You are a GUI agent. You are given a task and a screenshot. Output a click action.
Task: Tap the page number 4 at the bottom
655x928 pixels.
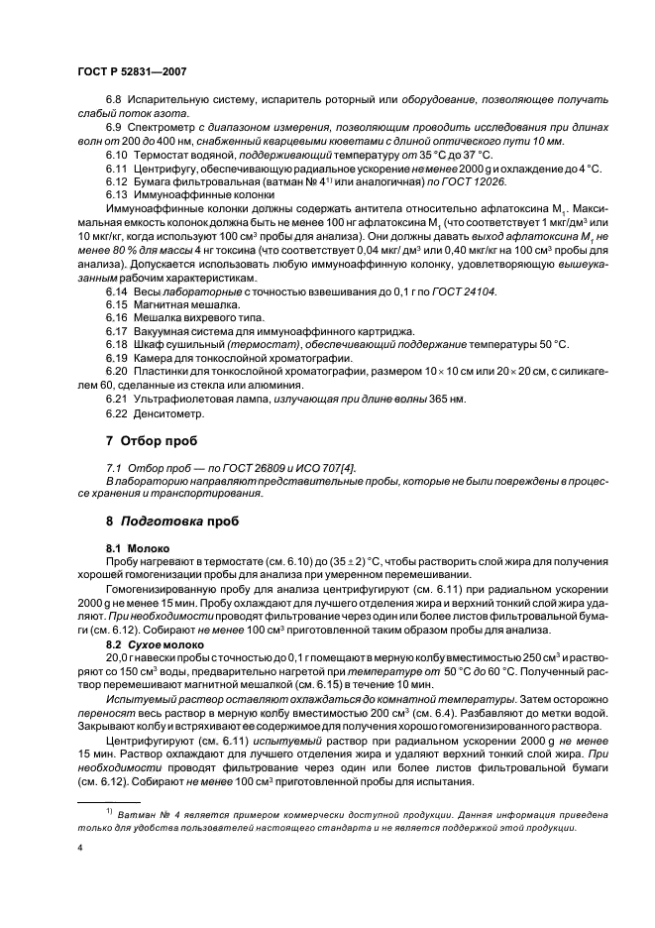pyautogui.click(x=79, y=848)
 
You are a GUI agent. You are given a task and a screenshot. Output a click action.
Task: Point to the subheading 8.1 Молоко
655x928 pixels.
pyautogui.click(x=137, y=547)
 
